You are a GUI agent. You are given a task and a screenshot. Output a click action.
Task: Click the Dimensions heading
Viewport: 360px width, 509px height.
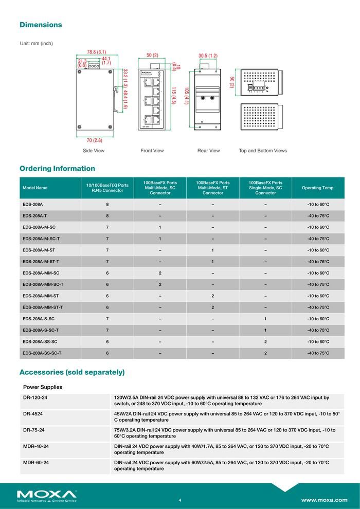[41, 25]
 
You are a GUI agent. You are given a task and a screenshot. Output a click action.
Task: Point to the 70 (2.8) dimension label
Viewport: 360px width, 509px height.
[94, 140]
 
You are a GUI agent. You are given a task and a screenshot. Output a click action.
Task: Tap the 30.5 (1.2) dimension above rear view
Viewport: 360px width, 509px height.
[208, 55]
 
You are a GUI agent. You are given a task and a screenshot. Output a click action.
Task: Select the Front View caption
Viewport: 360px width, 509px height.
[152, 151]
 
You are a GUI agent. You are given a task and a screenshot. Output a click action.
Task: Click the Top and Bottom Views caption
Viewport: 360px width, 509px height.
[263, 151]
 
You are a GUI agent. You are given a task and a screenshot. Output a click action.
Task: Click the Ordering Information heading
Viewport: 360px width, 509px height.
[57, 169]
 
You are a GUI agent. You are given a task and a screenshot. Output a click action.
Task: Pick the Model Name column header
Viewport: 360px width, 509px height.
[35, 188]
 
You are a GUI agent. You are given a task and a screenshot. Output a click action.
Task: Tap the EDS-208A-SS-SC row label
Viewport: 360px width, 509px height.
[40, 341]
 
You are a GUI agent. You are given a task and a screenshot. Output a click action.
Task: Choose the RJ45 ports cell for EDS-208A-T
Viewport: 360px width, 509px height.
[107, 216]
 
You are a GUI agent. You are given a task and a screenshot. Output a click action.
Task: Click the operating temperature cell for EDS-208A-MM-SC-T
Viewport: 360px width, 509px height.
[318, 284]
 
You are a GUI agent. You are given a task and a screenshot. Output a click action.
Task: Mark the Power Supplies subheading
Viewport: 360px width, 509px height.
[43, 387]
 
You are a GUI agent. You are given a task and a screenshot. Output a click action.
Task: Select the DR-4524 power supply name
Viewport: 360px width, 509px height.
[33, 413]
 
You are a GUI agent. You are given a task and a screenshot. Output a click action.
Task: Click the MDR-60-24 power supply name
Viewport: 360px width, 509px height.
[36, 463]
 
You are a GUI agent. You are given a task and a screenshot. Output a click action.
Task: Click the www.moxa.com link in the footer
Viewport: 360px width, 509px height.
[324, 500]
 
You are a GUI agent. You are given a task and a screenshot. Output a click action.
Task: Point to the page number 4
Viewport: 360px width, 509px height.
[179, 500]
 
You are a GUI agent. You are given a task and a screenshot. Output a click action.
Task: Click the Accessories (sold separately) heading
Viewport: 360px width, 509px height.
[72, 372]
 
